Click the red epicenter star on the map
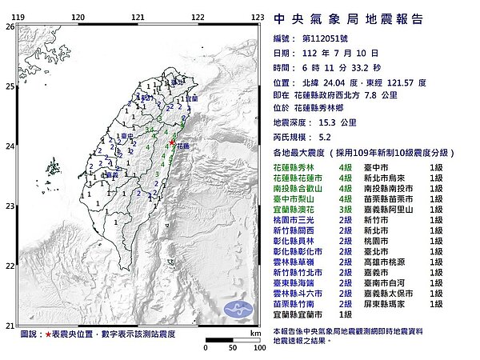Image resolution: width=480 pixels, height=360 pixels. [x=172, y=142]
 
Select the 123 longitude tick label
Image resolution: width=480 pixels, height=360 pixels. [x=258, y=17]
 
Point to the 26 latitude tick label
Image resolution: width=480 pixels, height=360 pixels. [x=8, y=26]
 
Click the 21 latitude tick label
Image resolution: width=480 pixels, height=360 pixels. [x=8, y=326]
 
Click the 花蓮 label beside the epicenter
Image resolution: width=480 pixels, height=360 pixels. [x=184, y=147]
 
